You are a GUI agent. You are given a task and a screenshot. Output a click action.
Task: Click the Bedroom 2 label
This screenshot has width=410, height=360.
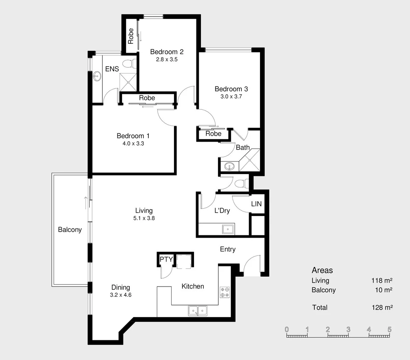click(167, 52)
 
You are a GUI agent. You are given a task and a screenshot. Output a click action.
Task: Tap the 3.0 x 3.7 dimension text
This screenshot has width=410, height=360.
click(231, 96)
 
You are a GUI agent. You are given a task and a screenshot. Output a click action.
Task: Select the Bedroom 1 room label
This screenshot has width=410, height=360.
click(133, 136)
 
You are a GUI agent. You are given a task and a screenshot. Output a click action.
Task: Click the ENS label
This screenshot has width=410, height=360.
click(112, 69)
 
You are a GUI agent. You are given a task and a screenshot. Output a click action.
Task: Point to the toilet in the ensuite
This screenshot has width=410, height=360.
click(129, 63)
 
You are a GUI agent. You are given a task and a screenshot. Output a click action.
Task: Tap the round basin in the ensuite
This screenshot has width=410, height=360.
click(97, 76)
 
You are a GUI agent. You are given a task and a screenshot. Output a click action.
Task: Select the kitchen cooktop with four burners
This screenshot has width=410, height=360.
click(225, 292)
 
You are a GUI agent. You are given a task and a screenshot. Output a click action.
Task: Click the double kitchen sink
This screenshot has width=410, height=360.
click(198, 311)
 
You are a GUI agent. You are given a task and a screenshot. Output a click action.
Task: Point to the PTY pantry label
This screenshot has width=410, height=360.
click(166, 259)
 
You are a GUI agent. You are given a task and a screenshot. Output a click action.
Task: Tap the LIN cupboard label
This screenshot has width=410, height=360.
click(256, 204)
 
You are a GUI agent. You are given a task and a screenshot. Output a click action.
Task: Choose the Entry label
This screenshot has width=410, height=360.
click(228, 249)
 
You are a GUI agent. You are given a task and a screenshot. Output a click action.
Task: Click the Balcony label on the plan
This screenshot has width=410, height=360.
click(70, 230)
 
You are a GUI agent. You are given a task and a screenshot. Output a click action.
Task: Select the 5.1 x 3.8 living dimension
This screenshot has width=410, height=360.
click(144, 218)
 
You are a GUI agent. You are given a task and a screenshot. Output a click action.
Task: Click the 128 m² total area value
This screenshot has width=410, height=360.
click(382, 307)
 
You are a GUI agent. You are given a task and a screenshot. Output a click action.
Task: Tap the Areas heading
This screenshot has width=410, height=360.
click(322, 270)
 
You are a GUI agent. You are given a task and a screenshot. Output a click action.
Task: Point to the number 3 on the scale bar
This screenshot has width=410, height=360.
click(348, 330)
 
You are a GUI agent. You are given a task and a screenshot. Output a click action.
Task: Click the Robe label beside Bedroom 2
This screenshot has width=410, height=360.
click(131, 36)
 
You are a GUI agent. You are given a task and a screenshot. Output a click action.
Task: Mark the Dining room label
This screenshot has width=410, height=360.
click(121, 287)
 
